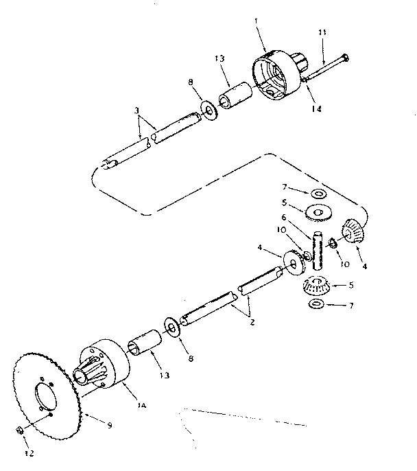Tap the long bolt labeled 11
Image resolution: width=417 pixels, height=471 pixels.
coord(325,67)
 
